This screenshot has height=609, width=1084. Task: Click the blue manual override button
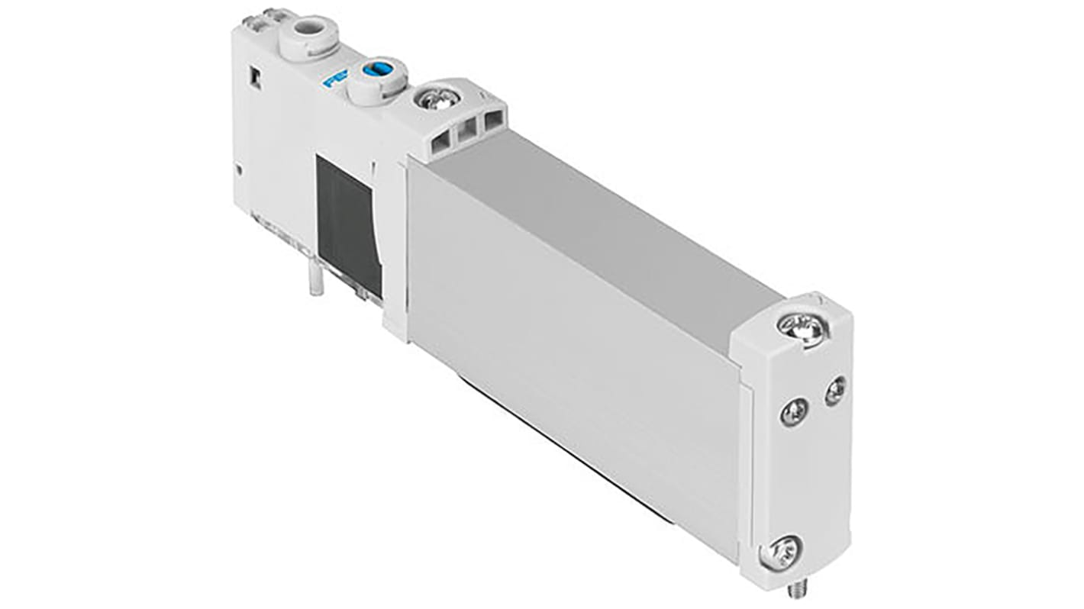(375, 70)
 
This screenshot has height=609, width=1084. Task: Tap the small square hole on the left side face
(255, 78)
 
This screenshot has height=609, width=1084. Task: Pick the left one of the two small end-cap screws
(794, 413)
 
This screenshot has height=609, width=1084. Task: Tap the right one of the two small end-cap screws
(835, 390)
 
